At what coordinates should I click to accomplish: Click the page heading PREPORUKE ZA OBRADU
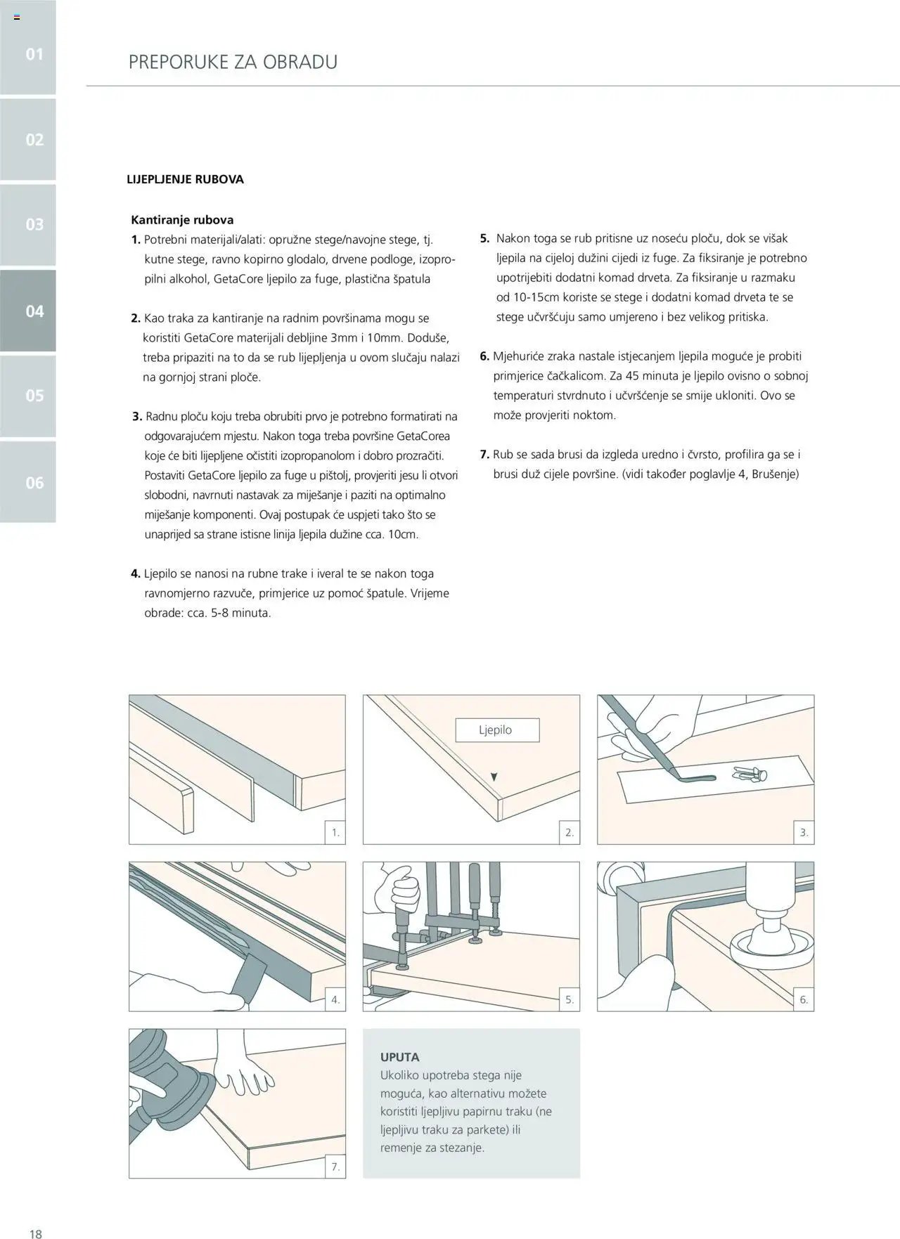point(233,62)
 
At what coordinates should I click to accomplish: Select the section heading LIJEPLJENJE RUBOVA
point(185,179)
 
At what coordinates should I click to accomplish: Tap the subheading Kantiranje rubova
point(182,220)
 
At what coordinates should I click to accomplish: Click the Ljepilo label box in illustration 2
point(497,730)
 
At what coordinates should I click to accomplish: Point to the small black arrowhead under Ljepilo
point(494,777)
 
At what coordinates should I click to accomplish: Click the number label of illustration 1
point(335,833)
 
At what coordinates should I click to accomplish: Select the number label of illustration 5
point(570,999)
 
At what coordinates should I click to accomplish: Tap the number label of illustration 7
point(335,1167)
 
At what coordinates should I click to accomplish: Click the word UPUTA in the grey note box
point(399,1057)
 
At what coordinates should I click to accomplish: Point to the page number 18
point(35,1233)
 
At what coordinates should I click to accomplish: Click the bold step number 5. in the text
point(484,238)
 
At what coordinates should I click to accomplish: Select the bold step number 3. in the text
point(137,417)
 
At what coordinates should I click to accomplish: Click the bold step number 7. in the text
point(484,455)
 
